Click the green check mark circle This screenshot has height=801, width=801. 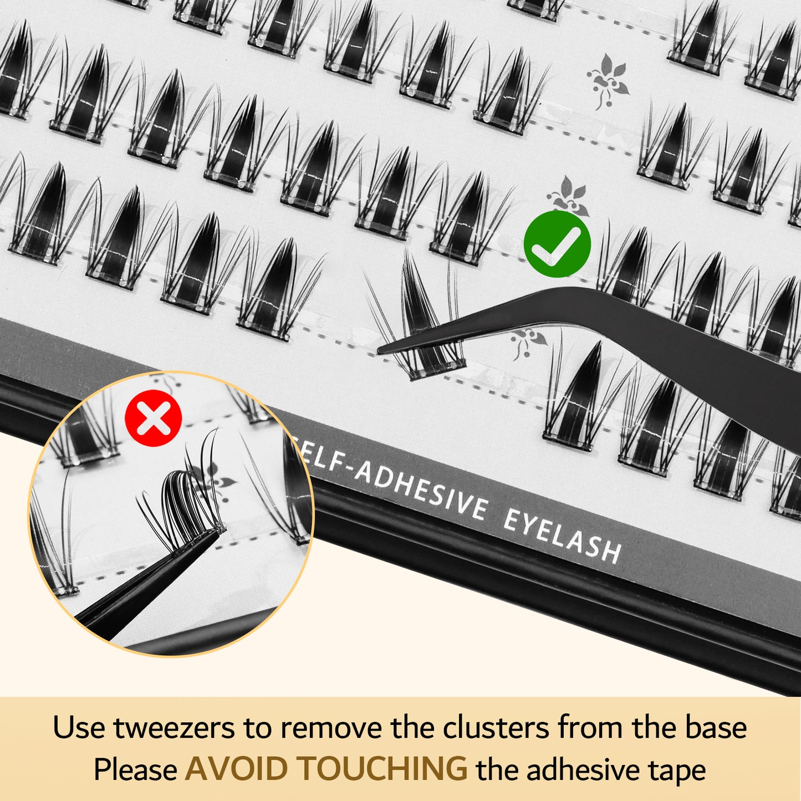[557, 244]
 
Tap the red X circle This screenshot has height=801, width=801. [154, 418]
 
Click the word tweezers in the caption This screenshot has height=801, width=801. [174, 727]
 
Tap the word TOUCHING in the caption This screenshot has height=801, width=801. [382, 769]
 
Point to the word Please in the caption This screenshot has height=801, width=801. [135, 769]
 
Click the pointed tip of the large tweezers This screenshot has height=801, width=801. [380, 350]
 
